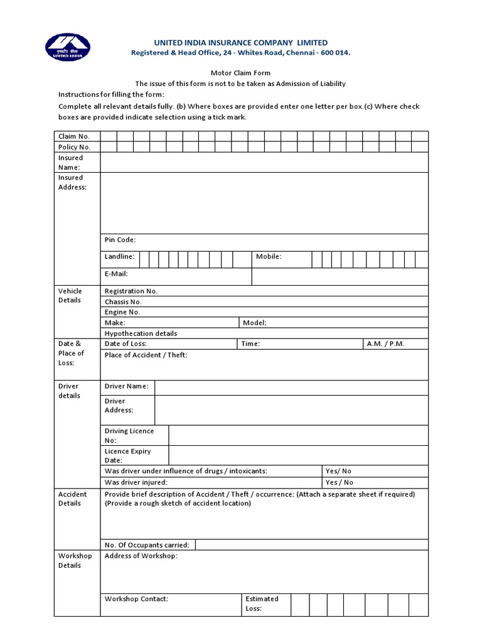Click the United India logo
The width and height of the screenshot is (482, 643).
tap(67, 48)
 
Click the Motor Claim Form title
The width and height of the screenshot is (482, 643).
tap(240, 73)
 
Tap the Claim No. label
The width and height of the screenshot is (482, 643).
tap(74, 136)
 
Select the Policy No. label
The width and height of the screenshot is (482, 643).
tap(75, 147)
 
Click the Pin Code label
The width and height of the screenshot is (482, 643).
tap(120, 240)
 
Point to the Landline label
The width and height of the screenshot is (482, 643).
tap(119, 257)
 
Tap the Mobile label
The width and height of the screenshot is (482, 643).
tap(269, 257)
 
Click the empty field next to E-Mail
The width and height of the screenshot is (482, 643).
tap(340, 276)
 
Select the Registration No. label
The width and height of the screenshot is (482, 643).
tap(131, 291)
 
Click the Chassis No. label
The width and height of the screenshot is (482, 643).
tap(123, 301)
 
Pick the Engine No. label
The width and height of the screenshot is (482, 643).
tap(122, 312)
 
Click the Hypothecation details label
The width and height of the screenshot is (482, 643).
tap(141, 333)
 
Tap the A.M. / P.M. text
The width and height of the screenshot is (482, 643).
tap(386, 343)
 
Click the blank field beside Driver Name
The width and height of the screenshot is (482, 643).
tap(291, 387)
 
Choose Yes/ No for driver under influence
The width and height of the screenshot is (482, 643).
tap(338, 471)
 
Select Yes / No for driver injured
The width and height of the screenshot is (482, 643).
tap(339, 482)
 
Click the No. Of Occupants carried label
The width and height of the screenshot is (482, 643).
tap(147, 545)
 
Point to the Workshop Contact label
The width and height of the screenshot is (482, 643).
tap(136, 599)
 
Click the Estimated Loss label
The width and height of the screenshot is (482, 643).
tap(262, 603)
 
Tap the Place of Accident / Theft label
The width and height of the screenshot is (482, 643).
tap(146, 355)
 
